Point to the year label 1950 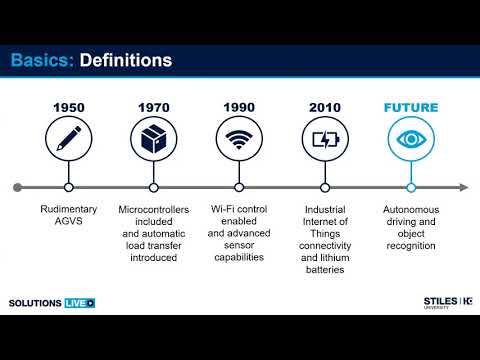(x=68, y=107)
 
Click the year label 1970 (x=153, y=107)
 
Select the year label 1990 (x=239, y=107)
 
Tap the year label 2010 (x=325, y=107)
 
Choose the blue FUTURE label (x=410, y=107)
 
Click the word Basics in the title (x=40, y=61)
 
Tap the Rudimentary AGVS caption (x=68, y=218)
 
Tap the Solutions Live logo (x=50, y=302)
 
